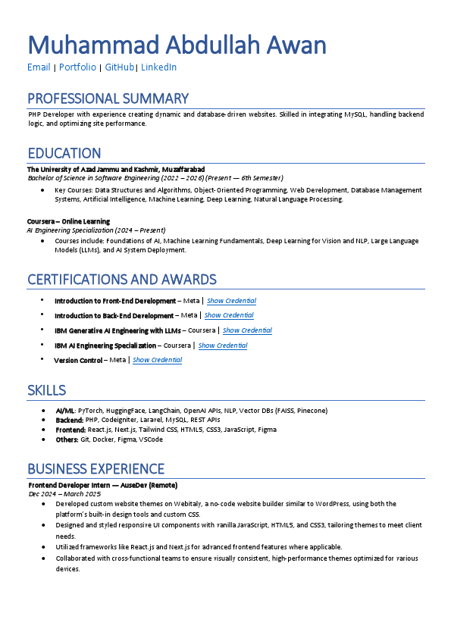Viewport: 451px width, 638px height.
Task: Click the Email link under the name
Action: point(39,67)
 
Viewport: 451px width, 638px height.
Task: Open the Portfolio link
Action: point(77,67)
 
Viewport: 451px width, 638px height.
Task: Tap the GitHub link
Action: point(119,67)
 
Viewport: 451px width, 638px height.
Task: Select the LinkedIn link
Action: point(158,67)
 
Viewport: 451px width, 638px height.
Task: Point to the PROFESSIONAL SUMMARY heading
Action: point(108,99)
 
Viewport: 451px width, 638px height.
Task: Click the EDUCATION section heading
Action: point(64,153)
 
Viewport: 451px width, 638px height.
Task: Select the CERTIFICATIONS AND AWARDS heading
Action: point(121,280)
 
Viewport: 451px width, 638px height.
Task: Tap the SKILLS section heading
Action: point(46,390)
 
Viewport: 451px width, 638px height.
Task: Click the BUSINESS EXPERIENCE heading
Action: point(96,468)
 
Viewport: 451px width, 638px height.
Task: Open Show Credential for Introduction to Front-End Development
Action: point(231,301)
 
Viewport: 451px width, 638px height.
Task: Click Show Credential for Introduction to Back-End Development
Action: point(229,315)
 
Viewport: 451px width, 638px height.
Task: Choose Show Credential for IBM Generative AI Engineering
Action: point(247,330)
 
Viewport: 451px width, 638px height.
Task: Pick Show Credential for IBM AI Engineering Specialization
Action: point(223,346)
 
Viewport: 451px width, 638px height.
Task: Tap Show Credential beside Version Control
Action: point(157,360)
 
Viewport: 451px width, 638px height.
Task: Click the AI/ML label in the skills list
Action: point(65,411)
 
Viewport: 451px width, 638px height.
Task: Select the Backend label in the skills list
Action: point(68,420)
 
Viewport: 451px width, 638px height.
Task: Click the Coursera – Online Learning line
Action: point(68,221)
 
